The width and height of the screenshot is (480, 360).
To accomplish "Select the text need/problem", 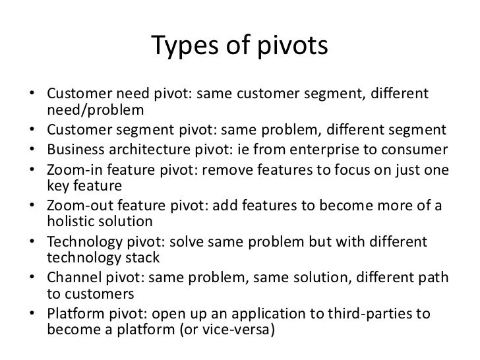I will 95,109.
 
